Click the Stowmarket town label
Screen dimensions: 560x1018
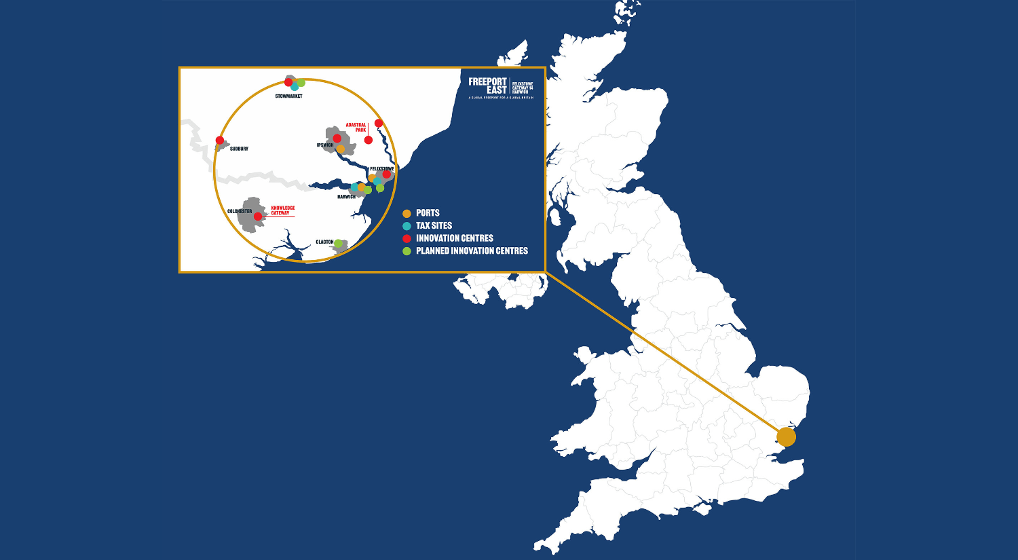pyautogui.click(x=288, y=96)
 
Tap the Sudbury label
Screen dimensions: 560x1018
pyautogui.click(x=239, y=149)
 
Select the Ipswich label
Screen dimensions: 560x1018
pyautogui.click(x=325, y=145)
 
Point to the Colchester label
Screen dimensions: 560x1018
pyautogui.click(x=240, y=211)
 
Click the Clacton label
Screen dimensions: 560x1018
pyautogui.click(x=324, y=242)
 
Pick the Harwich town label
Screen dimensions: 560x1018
pyautogui.click(x=346, y=197)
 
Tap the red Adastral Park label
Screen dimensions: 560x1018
pyautogui.click(x=356, y=127)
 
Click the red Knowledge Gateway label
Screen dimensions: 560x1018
pyautogui.click(x=282, y=210)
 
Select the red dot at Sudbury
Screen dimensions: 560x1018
pyautogui.click(x=220, y=141)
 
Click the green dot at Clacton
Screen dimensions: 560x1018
pyautogui.click(x=338, y=244)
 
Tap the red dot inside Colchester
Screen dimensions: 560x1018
pyautogui.click(x=258, y=217)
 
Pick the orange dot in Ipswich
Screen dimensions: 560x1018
pyautogui.click(x=341, y=149)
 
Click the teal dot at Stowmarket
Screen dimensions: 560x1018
pyautogui.click(x=295, y=87)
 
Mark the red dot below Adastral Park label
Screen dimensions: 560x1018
pyautogui.click(x=369, y=140)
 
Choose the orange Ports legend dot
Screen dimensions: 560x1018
pyautogui.click(x=407, y=213)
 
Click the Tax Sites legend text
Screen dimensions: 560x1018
pyautogui.click(x=434, y=225)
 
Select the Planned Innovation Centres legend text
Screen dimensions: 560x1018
pyautogui.click(x=472, y=251)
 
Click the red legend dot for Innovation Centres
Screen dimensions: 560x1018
pyautogui.click(x=407, y=238)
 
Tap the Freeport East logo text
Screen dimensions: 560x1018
pyautogui.click(x=488, y=86)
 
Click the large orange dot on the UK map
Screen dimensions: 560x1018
pyautogui.click(x=786, y=436)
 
